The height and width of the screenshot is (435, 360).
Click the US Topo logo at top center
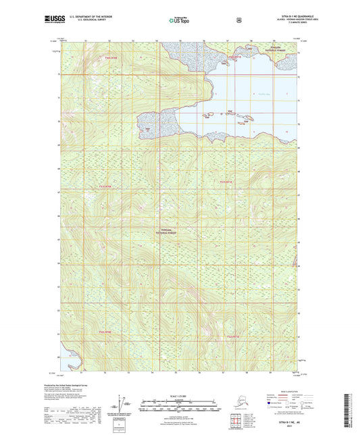point(179,20)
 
